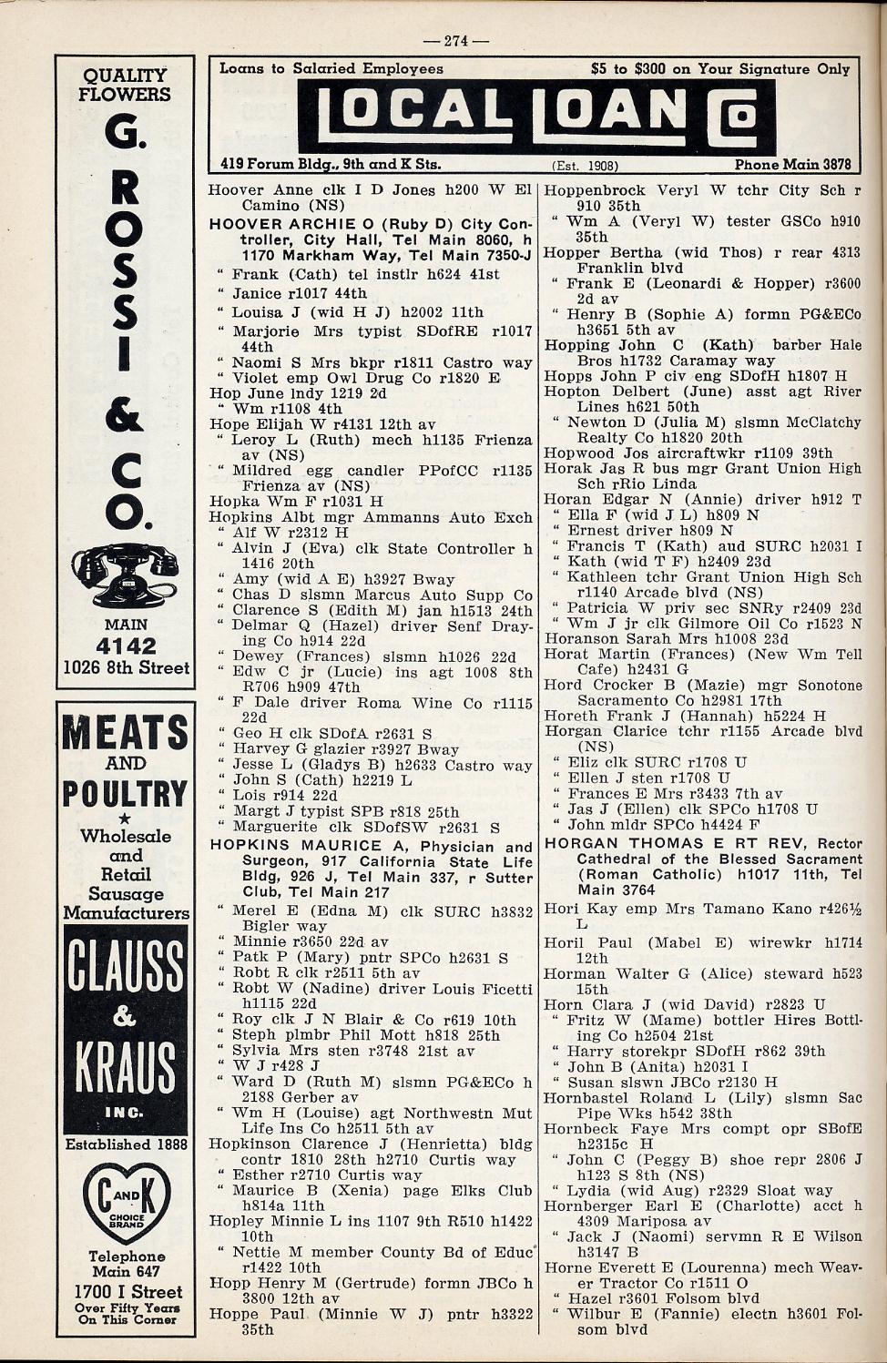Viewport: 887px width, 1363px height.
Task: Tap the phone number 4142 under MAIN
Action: [x=126, y=646]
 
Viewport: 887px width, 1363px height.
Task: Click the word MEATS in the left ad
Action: [x=125, y=732]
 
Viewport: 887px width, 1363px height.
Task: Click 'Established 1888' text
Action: [x=126, y=1144]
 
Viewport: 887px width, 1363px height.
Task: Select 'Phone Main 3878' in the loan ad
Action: [x=791, y=165]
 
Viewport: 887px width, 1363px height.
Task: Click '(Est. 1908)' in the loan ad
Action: [x=586, y=166]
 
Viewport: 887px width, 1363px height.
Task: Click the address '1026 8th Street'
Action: [x=126, y=667]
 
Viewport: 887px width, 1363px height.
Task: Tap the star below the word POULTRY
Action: [x=126, y=817]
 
